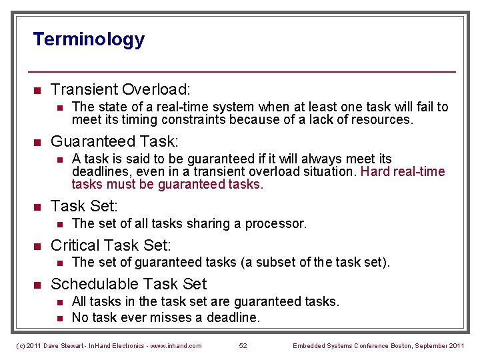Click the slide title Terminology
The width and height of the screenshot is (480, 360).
(89, 39)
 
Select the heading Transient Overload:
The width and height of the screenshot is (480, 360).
(121, 89)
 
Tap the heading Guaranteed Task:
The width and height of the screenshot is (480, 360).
(115, 141)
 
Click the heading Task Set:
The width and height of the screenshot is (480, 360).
(85, 205)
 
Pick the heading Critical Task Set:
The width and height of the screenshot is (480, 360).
(111, 245)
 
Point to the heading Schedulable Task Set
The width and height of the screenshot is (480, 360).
(129, 284)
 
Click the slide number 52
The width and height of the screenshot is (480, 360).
(243, 345)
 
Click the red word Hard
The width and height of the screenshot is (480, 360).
(375, 171)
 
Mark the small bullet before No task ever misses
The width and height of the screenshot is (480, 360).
(59, 318)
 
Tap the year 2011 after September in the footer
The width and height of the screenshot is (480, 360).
(458, 345)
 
